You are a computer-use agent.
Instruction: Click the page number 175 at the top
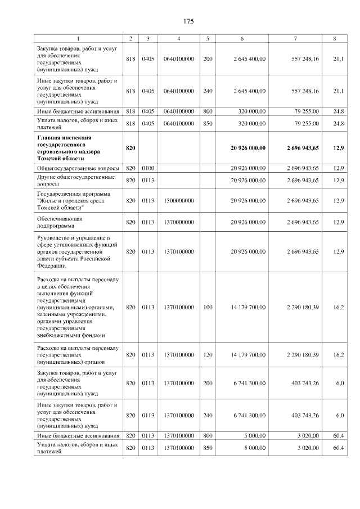[x=188, y=21]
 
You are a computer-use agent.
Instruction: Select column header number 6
[x=242, y=38]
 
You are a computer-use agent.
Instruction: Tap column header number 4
[x=178, y=38]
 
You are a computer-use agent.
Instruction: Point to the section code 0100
[x=148, y=168]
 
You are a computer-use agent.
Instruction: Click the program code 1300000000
[x=178, y=200]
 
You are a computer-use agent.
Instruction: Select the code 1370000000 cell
[x=178, y=222]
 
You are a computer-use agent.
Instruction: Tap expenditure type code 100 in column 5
[x=208, y=307]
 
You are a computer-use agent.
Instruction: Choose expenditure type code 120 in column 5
[x=208, y=355]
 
